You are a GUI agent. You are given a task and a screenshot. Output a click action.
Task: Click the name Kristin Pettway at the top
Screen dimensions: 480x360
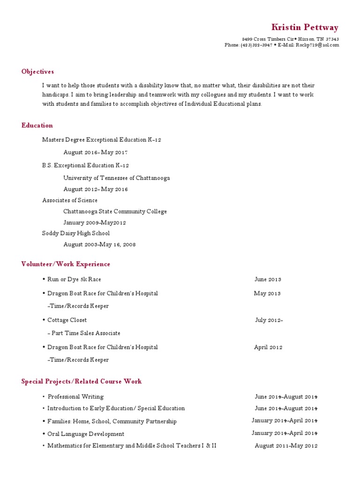[x=305, y=28]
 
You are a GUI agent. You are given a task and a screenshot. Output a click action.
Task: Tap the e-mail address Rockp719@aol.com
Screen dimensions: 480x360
[x=317, y=45]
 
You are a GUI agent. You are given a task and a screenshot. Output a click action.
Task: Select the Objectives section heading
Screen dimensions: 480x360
[x=37, y=72]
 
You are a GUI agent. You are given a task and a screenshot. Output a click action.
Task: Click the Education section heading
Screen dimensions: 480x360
[x=37, y=125]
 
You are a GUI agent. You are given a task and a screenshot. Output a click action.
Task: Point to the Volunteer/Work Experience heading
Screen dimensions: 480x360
[x=66, y=264]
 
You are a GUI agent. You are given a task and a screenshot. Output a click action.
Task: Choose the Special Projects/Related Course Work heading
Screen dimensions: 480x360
[x=81, y=382]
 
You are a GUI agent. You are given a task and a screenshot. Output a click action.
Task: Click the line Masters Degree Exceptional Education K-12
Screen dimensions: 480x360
[x=102, y=140]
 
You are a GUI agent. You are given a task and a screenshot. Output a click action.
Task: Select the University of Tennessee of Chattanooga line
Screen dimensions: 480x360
[x=117, y=178]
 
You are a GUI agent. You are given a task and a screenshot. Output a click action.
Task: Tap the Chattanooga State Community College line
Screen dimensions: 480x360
[x=115, y=211]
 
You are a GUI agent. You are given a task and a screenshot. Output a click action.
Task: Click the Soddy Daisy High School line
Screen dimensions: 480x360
[x=76, y=233]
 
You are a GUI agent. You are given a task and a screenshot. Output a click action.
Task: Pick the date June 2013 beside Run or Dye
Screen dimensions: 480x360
[x=268, y=279]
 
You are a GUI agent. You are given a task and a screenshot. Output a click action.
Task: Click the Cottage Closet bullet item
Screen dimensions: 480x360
[x=67, y=320]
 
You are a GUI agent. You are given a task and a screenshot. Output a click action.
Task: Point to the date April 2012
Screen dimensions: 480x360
[x=268, y=347]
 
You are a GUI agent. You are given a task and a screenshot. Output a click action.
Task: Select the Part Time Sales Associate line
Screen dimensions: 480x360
[x=84, y=333]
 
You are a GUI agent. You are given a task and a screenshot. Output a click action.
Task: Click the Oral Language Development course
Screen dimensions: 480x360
[x=86, y=434]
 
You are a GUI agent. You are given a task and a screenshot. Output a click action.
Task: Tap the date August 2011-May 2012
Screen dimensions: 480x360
[x=286, y=446]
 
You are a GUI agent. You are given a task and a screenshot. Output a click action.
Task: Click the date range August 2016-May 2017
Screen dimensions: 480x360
[x=96, y=152]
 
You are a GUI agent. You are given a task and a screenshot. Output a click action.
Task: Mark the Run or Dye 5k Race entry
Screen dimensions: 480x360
[x=74, y=279]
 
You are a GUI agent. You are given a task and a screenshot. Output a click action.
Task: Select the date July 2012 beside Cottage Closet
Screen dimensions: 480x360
[x=269, y=320]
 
